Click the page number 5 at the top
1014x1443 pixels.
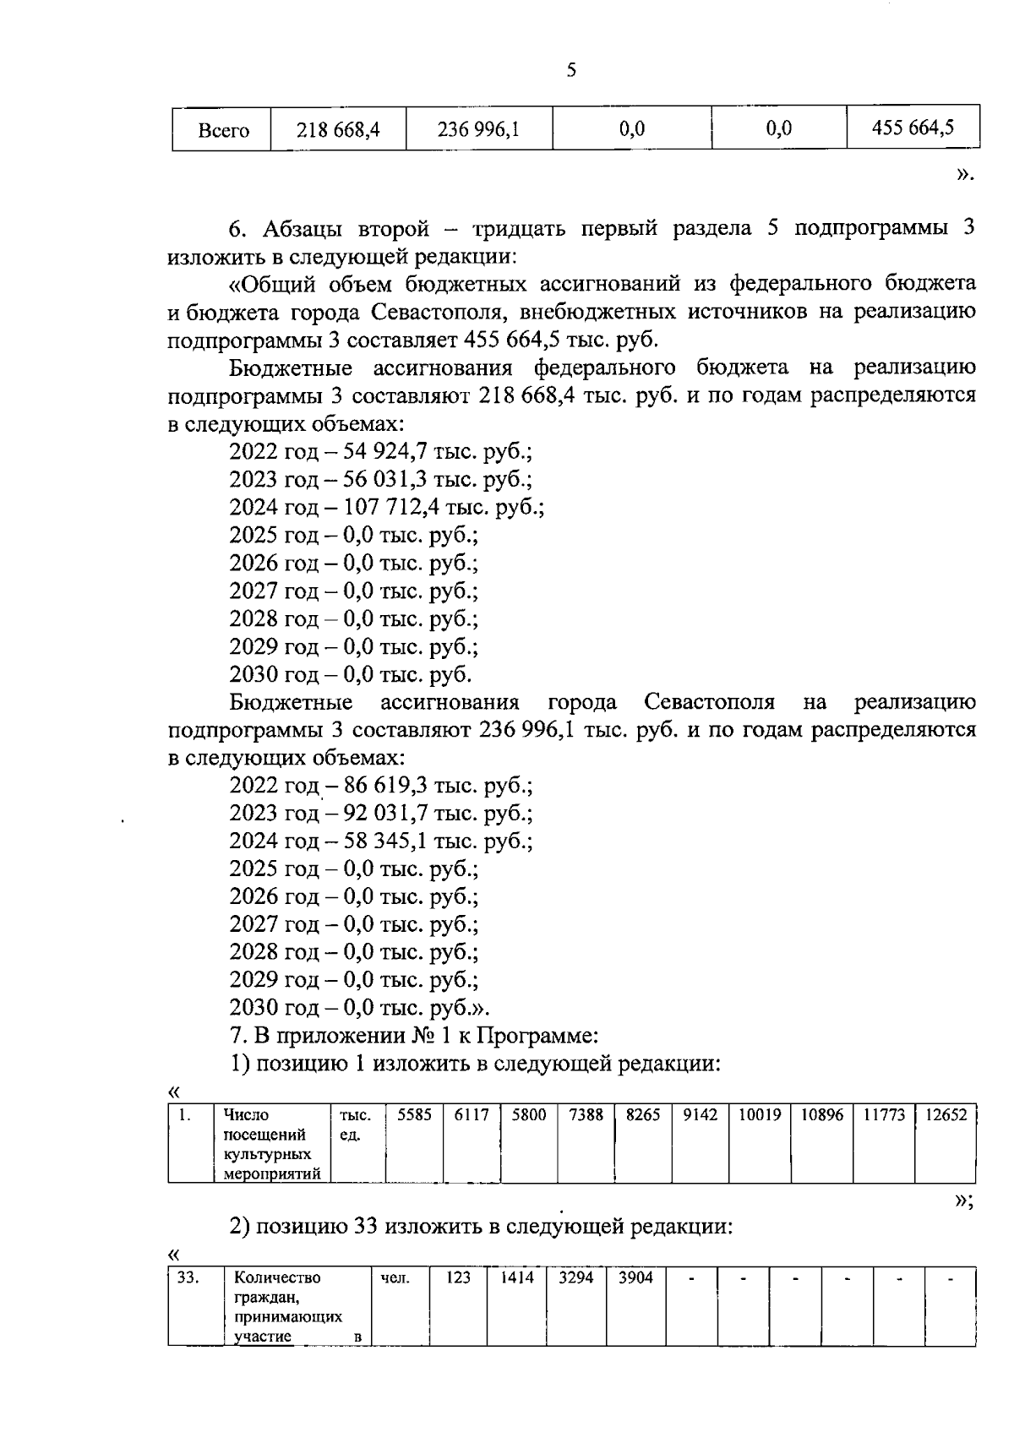pos(571,70)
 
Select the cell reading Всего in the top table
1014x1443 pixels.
pos(222,130)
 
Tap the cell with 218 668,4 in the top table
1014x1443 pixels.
pos(338,129)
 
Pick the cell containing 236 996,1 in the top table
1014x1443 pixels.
pos(478,129)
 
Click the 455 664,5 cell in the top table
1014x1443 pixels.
pos(913,128)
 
